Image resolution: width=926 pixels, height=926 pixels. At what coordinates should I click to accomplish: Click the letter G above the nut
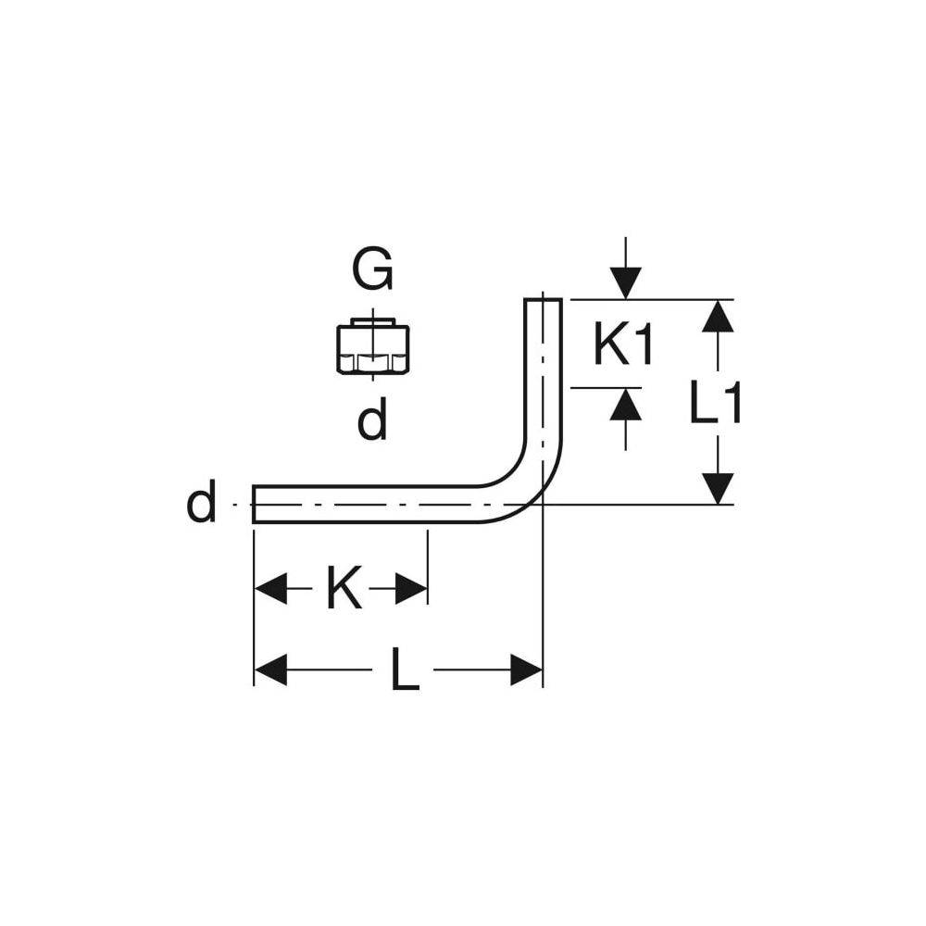coord(372,269)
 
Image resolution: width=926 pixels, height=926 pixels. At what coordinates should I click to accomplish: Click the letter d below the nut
coord(372,419)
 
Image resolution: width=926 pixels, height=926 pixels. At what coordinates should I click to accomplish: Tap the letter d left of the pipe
coord(201,500)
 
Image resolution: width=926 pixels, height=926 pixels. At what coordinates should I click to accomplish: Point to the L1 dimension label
coord(715,403)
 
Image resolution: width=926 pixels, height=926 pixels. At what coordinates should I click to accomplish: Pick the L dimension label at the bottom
coord(405,669)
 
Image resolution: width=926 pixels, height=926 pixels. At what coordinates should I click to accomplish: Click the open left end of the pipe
coord(254,504)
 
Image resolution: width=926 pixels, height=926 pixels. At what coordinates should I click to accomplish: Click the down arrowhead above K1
coord(625,283)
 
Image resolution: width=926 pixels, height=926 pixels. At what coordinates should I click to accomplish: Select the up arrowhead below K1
coord(625,405)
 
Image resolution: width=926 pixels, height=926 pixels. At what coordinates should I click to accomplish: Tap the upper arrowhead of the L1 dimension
coord(718,317)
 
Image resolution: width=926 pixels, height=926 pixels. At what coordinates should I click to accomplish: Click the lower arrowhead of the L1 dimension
coord(718,488)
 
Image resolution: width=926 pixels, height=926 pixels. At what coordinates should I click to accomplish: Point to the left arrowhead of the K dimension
coord(270,588)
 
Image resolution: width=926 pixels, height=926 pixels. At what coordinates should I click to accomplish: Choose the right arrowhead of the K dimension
coord(411,588)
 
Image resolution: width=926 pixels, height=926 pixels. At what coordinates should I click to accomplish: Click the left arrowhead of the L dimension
coord(270,669)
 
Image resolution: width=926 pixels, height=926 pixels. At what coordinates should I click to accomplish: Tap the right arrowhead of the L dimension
coord(526,669)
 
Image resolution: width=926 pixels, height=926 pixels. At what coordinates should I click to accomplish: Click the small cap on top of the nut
coord(373,322)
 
